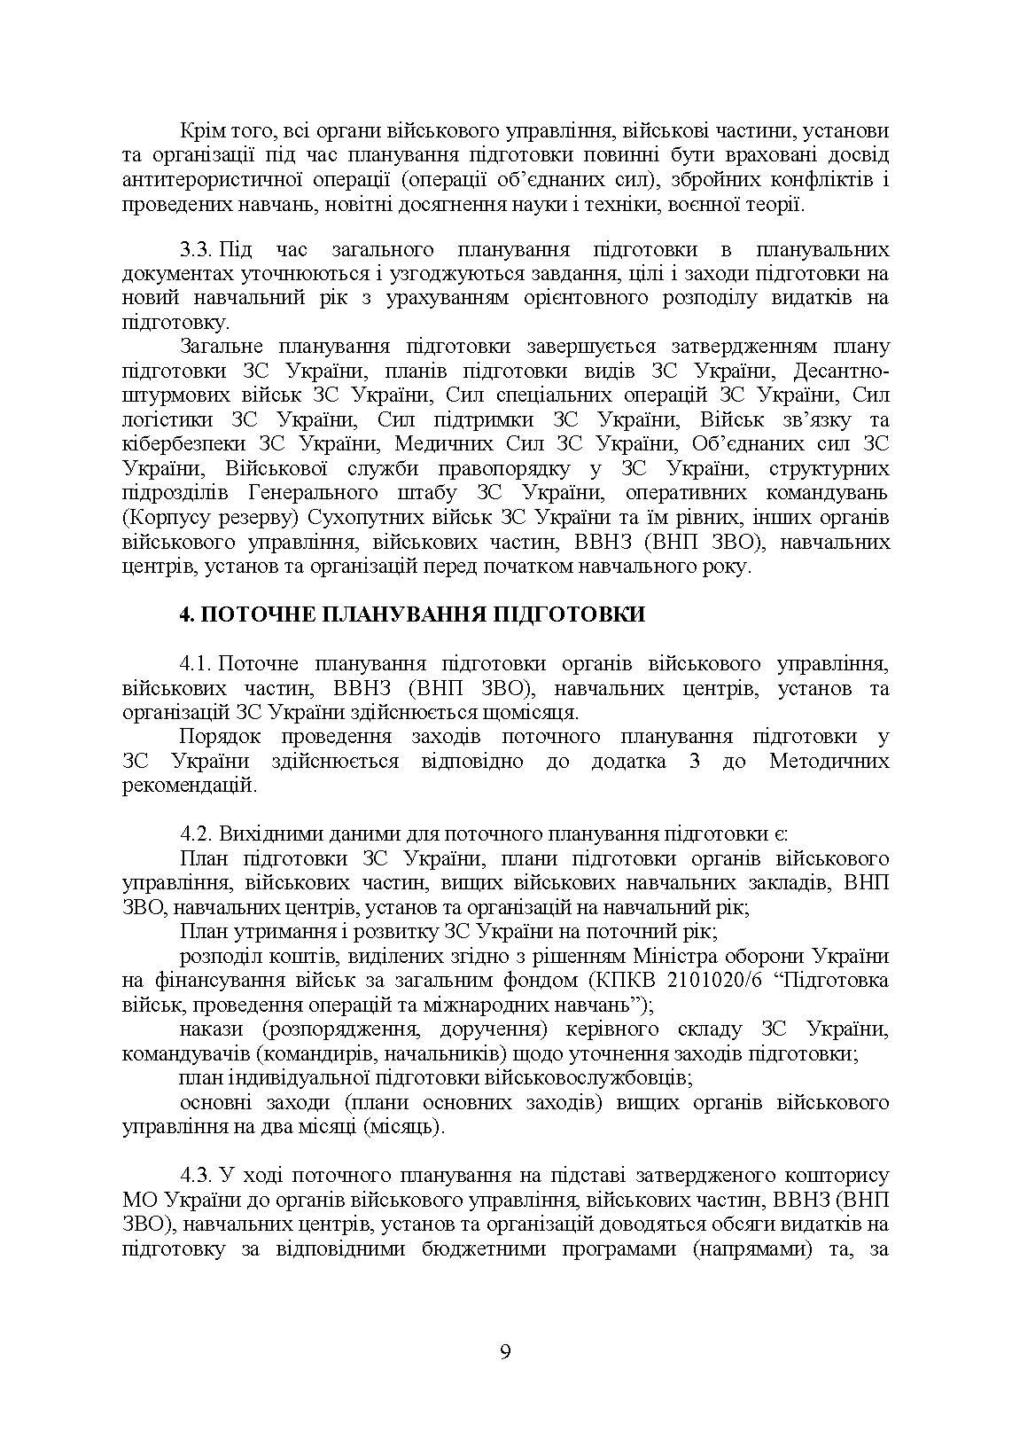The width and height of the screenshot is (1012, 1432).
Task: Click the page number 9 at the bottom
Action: (505, 1352)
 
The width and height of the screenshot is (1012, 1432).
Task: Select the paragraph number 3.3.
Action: (195, 249)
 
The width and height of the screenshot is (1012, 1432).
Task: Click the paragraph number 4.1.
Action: (195, 663)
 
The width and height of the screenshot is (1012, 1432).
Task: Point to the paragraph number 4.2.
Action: (195, 833)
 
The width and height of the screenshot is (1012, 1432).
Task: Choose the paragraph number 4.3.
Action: (195, 1176)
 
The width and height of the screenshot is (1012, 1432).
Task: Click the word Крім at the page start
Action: (201, 131)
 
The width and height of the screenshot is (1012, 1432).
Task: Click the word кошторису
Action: (837, 1176)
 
